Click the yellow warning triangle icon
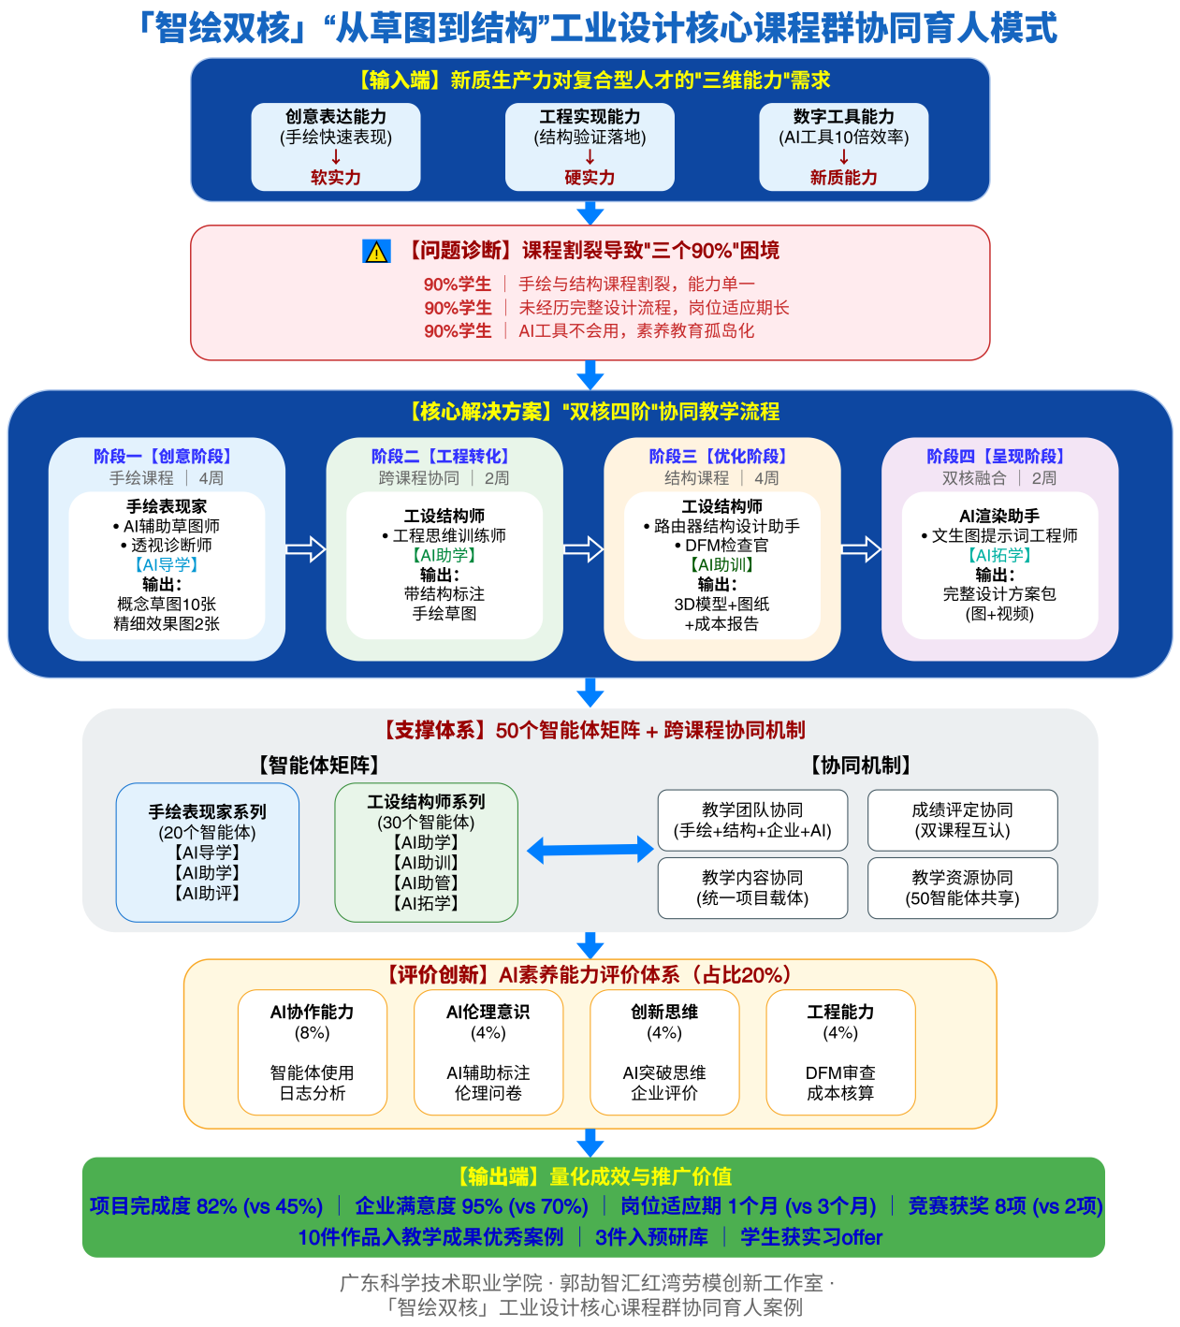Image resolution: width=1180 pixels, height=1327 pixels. point(376,252)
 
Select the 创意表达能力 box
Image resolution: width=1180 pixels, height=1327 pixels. point(336,147)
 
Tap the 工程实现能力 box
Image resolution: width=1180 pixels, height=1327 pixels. point(590,147)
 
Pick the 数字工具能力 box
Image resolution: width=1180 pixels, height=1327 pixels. point(843,147)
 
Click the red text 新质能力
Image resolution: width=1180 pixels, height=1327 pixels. point(843,178)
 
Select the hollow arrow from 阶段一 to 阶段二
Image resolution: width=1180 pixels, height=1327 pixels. point(306,549)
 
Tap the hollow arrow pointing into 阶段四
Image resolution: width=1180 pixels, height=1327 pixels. point(861,549)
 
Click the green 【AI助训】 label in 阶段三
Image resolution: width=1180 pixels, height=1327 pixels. point(721,564)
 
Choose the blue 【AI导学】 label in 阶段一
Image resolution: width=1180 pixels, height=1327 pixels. point(167,564)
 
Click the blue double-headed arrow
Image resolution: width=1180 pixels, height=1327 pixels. point(590,850)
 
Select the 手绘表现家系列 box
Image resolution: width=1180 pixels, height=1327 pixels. point(208,853)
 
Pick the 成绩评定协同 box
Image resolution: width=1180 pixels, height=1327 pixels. point(963,820)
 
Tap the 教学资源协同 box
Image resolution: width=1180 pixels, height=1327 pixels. point(963,888)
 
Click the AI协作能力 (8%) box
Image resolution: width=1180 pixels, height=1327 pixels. point(313,1052)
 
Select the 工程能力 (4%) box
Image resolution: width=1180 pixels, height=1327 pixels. point(841,1052)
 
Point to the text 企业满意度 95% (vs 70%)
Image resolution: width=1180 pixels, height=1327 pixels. point(472,1206)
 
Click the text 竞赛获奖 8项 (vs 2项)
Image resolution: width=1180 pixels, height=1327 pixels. point(1005,1206)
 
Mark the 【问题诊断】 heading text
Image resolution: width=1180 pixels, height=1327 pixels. point(461,251)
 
